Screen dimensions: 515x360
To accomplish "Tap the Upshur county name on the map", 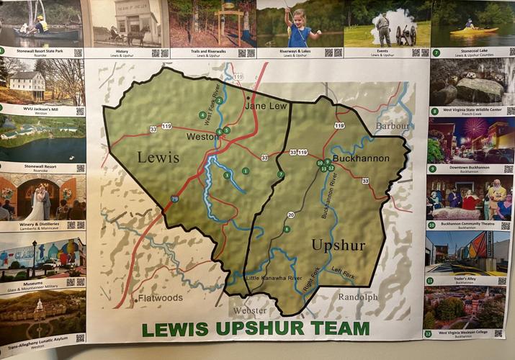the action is pyautogui.click(x=338, y=246).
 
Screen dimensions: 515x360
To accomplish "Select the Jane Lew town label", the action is pyautogui.click(x=267, y=106).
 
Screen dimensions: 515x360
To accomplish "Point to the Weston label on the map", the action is pyautogui.click(x=202, y=137).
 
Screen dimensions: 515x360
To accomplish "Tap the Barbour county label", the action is pyautogui.click(x=392, y=125).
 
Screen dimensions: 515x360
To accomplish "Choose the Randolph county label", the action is pyautogui.click(x=358, y=297).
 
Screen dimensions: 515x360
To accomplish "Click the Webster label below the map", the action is pyautogui.click(x=249, y=310).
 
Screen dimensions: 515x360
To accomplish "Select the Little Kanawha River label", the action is pyautogui.click(x=274, y=278).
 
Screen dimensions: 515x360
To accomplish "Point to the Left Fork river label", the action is pyautogui.click(x=342, y=271).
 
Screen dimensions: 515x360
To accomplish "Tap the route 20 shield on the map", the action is pyautogui.click(x=291, y=215).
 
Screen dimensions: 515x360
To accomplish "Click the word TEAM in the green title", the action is pyautogui.click(x=336, y=329).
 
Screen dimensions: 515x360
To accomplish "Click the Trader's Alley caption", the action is pyautogui.click(x=450, y=282).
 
